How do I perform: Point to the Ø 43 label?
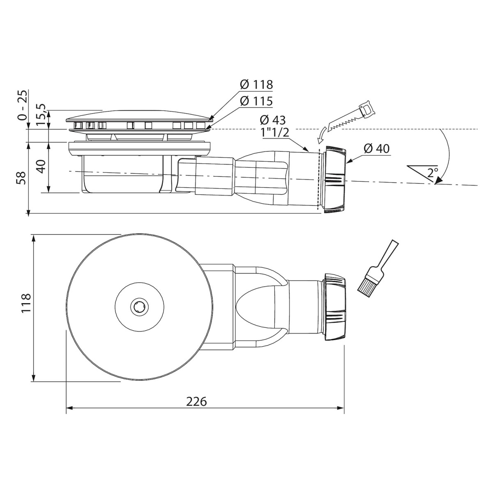pyautogui.click(x=273, y=120)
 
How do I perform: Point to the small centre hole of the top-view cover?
pyautogui.click(x=139, y=306)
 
